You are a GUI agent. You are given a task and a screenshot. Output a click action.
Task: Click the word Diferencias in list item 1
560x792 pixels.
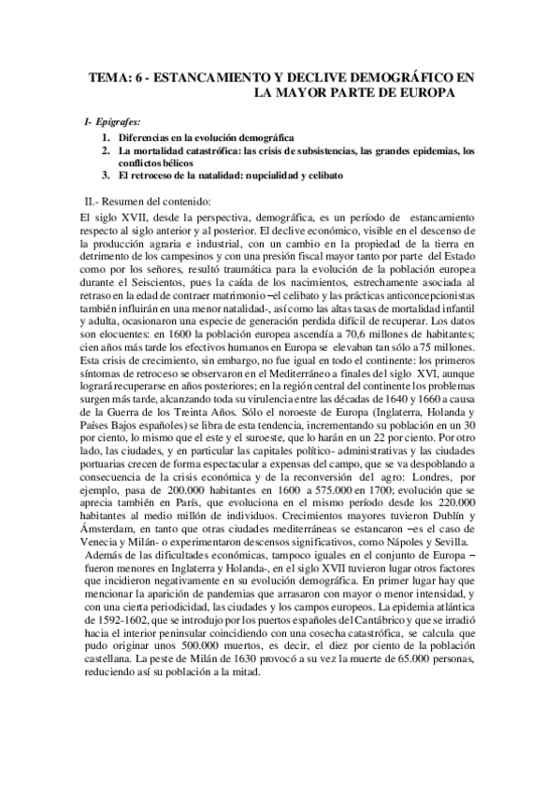point(147,136)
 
